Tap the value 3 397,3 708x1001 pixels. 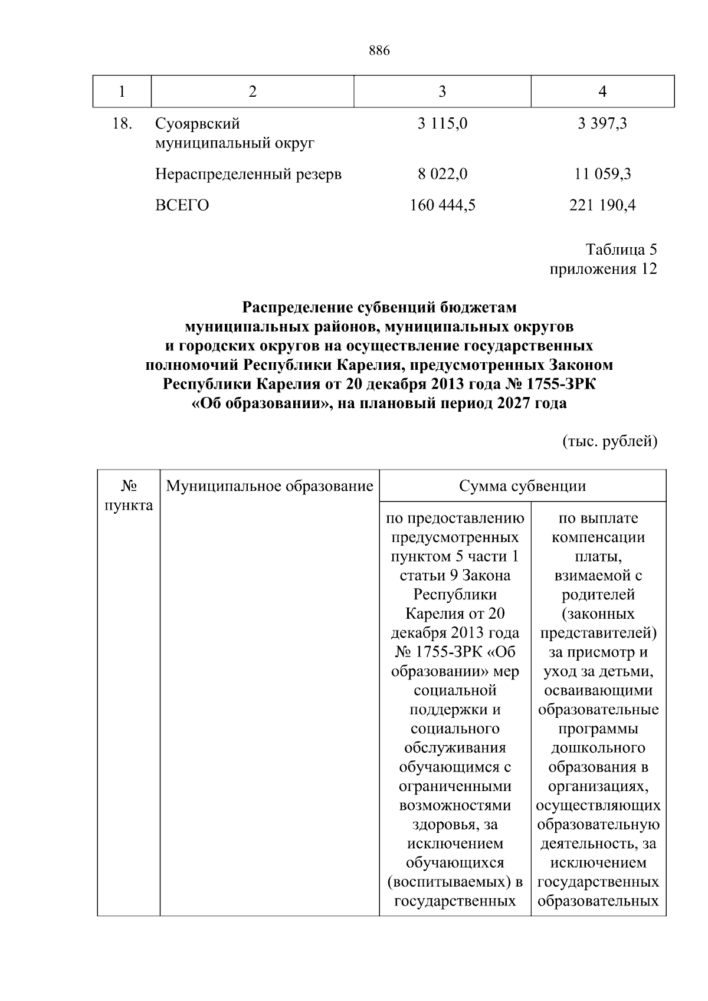[602, 124]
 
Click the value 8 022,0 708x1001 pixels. [442, 174]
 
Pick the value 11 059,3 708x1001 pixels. [602, 174]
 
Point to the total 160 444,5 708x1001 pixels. [442, 205]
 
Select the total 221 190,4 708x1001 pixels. [602, 205]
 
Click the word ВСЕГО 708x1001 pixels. [182, 205]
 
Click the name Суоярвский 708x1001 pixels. [197, 124]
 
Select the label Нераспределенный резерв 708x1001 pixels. [248, 174]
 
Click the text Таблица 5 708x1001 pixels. [621, 250]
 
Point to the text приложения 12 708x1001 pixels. [603, 269]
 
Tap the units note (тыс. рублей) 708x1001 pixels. [609, 441]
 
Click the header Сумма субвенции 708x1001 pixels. [522, 486]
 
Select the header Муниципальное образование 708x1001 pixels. [270, 486]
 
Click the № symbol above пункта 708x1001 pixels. [129, 486]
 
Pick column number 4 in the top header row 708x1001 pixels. [602, 91]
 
